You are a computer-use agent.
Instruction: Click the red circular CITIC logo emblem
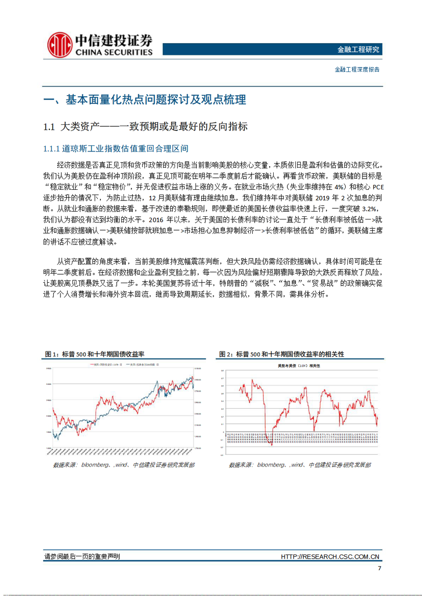(x=60, y=45)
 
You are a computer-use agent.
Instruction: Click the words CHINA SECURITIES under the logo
(x=114, y=52)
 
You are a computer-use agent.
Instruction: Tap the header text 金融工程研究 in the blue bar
(x=358, y=49)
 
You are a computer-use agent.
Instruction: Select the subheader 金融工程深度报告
(x=357, y=69)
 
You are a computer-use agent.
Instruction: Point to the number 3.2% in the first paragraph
(x=370, y=209)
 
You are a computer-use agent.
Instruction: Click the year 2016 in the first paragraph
(x=156, y=220)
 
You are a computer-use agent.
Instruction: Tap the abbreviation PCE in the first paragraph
(x=378, y=187)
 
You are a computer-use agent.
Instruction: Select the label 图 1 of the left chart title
(x=52, y=354)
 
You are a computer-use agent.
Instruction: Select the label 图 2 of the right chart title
(x=226, y=354)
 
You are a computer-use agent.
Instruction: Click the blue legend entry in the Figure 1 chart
(x=142, y=365)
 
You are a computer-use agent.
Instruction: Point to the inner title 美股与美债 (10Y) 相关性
(x=299, y=366)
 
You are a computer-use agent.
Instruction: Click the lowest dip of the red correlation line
(x=271, y=444)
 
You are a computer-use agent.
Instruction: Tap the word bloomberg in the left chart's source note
(x=95, y=465)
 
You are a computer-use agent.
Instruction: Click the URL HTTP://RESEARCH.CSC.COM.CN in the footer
(x=330, y=557)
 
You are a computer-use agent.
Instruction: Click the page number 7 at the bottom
(x=379, y=568)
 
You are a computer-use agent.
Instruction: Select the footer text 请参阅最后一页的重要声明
(x=82, y=557)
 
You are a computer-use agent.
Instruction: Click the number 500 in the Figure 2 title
(x=255, y=354)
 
